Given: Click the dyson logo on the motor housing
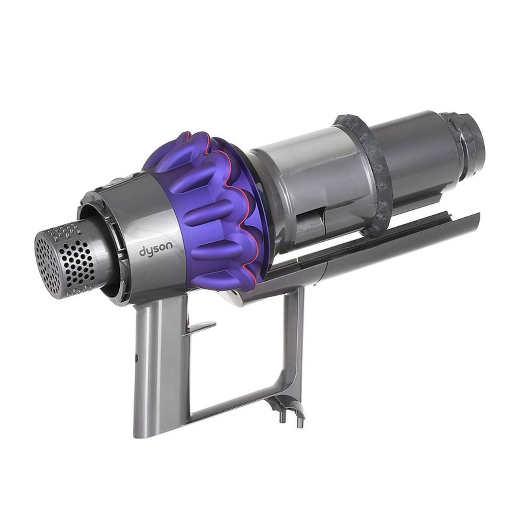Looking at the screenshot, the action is [156, 249].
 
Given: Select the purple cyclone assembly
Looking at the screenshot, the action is [206, 210].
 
